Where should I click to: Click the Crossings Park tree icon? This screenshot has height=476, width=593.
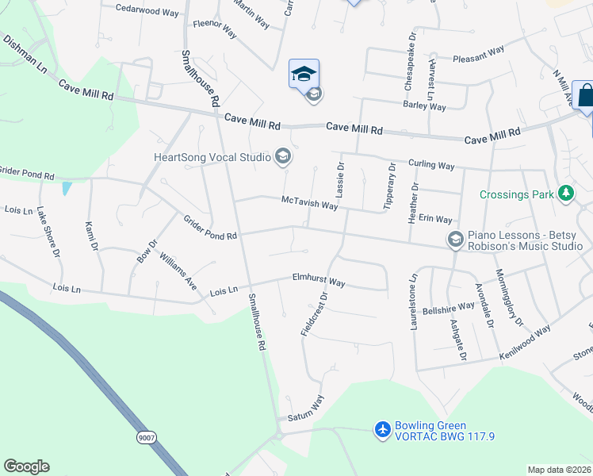pos(566,194)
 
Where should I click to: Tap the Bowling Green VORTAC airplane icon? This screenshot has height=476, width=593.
pos(383,429)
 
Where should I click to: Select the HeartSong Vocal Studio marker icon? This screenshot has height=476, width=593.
pos(281,156)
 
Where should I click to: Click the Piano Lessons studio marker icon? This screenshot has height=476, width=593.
pos(455,239)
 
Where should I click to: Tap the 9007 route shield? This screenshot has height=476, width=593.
pos(146,437)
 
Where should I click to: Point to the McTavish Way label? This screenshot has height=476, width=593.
pos(310,204)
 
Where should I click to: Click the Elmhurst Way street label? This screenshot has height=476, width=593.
pos(319,282)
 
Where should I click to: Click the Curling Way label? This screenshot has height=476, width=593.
pos(431,165)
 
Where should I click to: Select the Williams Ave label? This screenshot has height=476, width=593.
pos(178,271)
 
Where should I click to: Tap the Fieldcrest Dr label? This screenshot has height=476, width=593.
pos(314,316)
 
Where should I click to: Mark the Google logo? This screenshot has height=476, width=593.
pos(26,466)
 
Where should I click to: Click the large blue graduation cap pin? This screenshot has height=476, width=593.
pos(304,74)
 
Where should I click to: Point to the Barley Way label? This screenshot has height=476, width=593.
pos(424,106)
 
